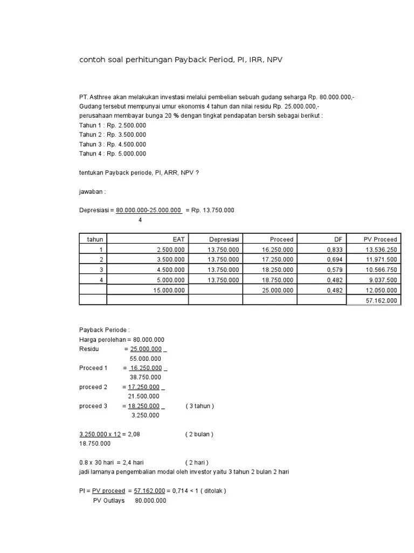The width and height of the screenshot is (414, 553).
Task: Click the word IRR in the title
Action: click(x=247, y=60)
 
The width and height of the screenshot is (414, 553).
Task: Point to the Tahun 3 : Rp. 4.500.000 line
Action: click(x=112, y=144)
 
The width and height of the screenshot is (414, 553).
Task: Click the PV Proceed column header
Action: click(x=380, y=239)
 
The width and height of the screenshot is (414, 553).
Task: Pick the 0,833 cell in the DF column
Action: click(x=335, y=249)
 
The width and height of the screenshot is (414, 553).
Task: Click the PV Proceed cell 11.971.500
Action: click(x=381, y=259)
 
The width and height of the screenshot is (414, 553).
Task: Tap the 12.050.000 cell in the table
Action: click(x=381, y=290)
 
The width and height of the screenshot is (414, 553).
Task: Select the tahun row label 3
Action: click(x=100, y=269)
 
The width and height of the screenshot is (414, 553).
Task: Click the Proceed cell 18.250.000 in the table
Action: click(x=278, y=269)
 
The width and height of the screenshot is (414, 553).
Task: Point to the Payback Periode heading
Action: click(x=105, y=330)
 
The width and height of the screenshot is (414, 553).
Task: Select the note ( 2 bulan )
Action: click(x=199, y=434)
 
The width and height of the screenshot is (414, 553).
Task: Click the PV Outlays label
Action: click(x=109, y=501)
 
